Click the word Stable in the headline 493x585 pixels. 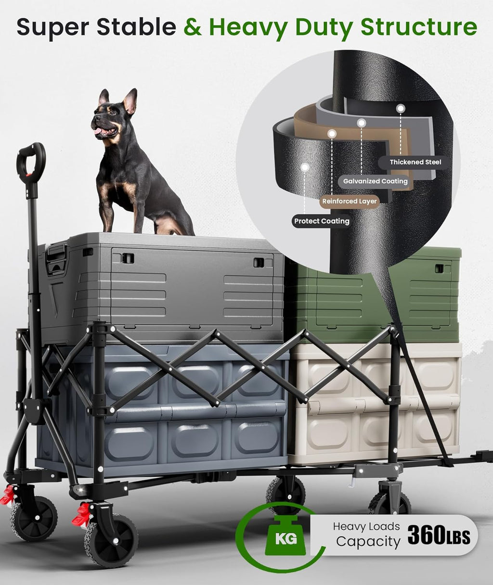coord(137,27)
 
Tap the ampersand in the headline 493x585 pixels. coord(193,27)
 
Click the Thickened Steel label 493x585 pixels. coord(415,162)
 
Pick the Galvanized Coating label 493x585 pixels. coord(375,181)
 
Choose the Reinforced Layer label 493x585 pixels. coord(350,201)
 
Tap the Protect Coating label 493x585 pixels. coord(322,221)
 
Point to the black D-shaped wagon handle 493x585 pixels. coord(30,159)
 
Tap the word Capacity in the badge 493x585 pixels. coord(368,542)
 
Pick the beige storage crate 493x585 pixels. coord(376,404)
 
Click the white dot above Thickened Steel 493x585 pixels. coord(401,108)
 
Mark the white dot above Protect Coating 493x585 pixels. coord(305,167)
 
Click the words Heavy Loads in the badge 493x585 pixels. coord(366,527)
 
